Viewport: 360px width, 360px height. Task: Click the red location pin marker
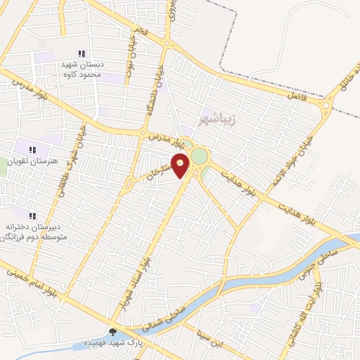click(181, 165)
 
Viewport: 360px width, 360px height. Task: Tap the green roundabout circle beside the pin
click(200, 155)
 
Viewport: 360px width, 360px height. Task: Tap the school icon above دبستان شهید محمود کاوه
click(82, 53)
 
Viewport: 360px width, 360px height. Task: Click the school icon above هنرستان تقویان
click(32, 149)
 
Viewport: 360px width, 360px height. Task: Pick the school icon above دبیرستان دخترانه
click(32, 215)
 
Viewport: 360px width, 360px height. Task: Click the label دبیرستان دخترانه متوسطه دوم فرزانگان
click(31, 232)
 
